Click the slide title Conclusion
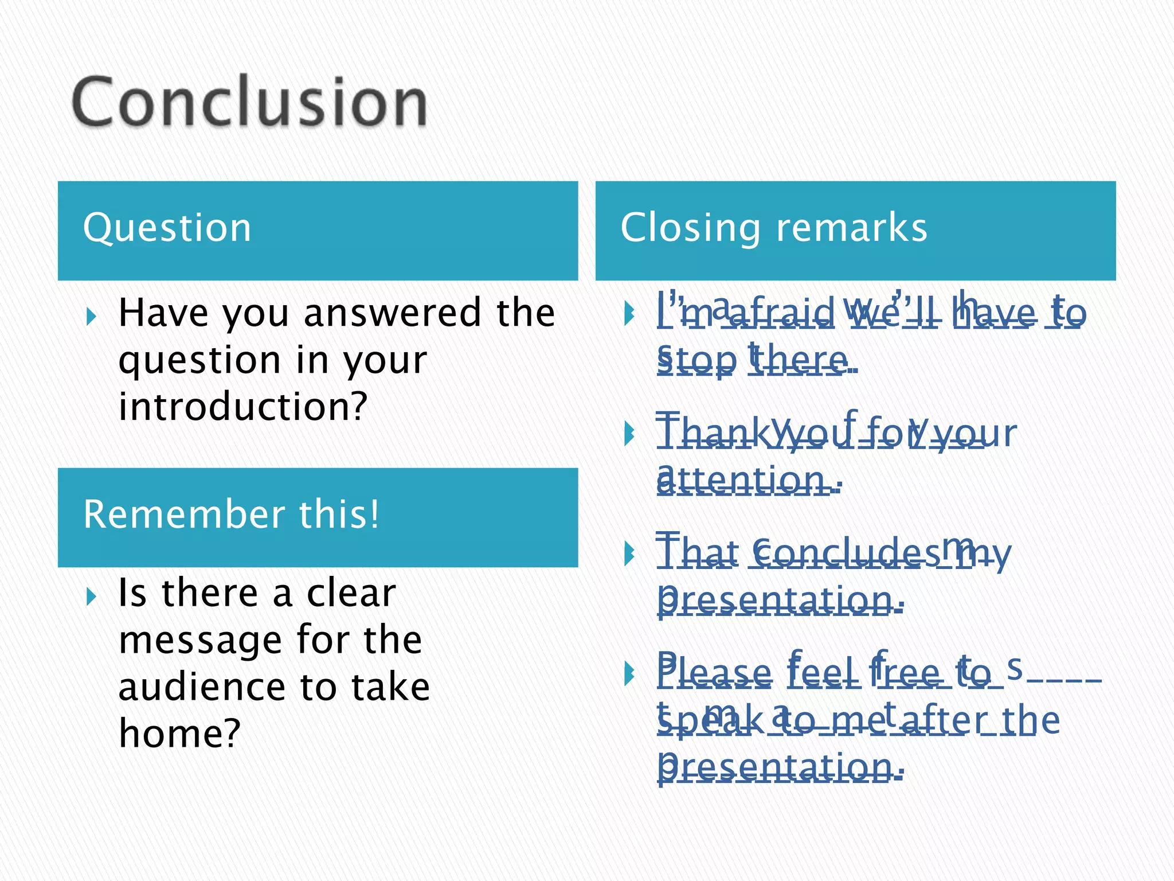coord(249,102)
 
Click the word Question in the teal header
coord(167,228)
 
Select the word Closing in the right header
coord(690,228)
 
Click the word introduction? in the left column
coord(242,406)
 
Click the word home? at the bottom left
coord(179,734)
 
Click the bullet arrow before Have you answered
coord(91,315)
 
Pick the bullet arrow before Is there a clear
coord(91,596)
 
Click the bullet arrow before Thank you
coord(629,434)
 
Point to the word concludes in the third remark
coord(837,553)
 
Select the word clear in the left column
coord(351,593)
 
